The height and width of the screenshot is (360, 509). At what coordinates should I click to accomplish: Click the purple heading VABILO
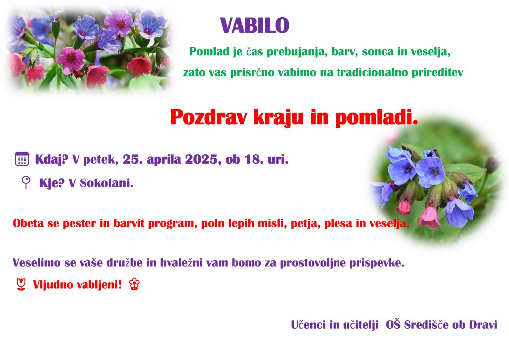click(x=254, y=26)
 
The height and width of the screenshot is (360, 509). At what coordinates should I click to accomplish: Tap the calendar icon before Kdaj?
click(x=22, y=159)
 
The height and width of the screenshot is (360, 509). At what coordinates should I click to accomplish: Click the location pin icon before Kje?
click(x=26, y=182)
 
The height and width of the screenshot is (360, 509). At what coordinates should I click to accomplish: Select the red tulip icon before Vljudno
click(x=21, y=285)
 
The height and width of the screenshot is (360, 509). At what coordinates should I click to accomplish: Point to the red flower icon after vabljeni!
click(x=134, y=284)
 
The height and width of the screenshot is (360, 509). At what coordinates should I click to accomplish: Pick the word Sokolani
click(x=106, y=183)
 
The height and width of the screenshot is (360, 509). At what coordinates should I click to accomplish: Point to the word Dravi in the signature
click(x=483, y=325)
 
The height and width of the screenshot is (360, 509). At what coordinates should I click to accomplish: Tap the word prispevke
click(x=377, y=263)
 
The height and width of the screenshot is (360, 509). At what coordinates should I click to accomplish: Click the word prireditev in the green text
click(x=437, y=72)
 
